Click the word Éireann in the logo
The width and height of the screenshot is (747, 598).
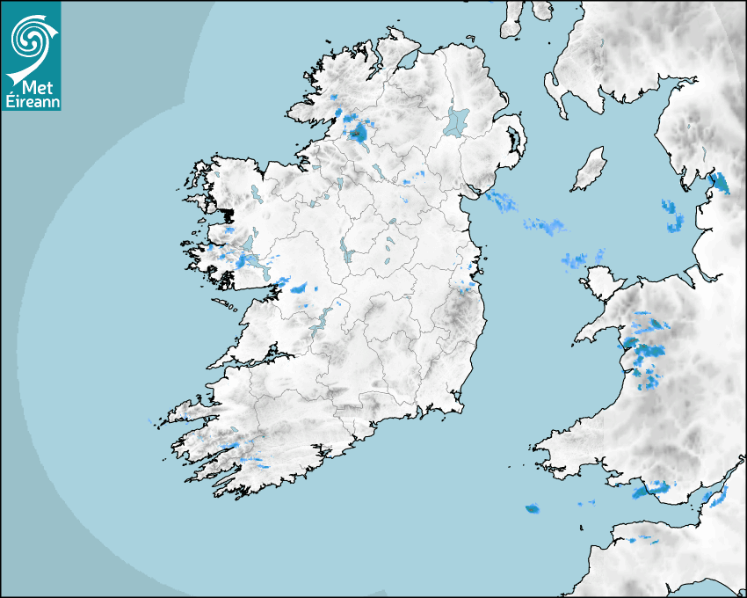tap(32, 101)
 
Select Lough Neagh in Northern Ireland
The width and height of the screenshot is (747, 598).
tap(457, 120)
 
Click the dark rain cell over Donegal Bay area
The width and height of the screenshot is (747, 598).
tap(359, 133)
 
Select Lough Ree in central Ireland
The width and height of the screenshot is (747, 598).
tap(345, 251)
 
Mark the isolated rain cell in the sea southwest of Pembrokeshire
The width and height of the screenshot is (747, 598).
tap(532, 508)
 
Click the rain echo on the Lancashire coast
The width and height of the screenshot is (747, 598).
tap(720, 183)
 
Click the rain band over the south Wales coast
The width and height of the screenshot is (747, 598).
tap(650, 488)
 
